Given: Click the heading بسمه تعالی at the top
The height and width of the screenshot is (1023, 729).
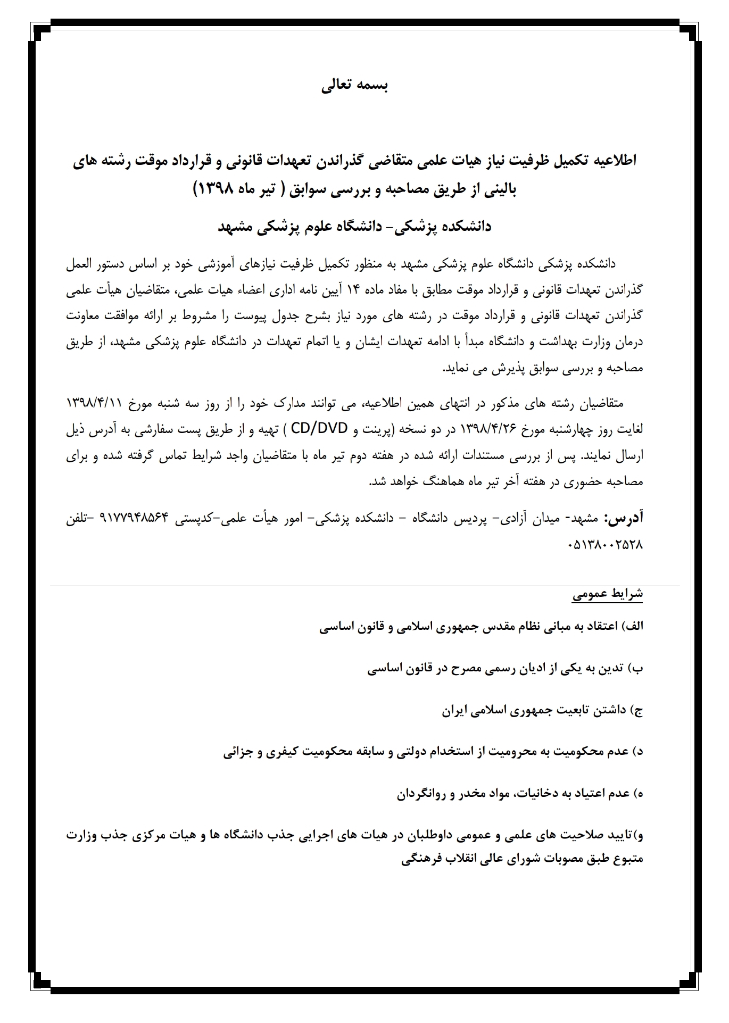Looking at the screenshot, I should click(355, 86).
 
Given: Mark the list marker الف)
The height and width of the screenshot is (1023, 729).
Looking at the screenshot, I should click(633, 626).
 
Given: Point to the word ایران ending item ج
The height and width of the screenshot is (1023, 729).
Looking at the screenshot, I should click(455, 710).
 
